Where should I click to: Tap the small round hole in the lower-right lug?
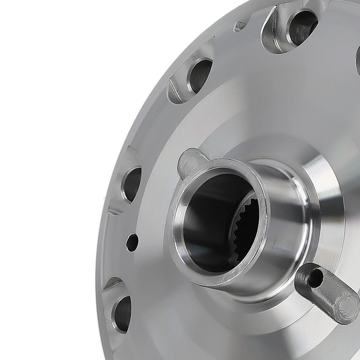315,278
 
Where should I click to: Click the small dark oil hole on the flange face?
132,242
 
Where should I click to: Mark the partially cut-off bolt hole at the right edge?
357,60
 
